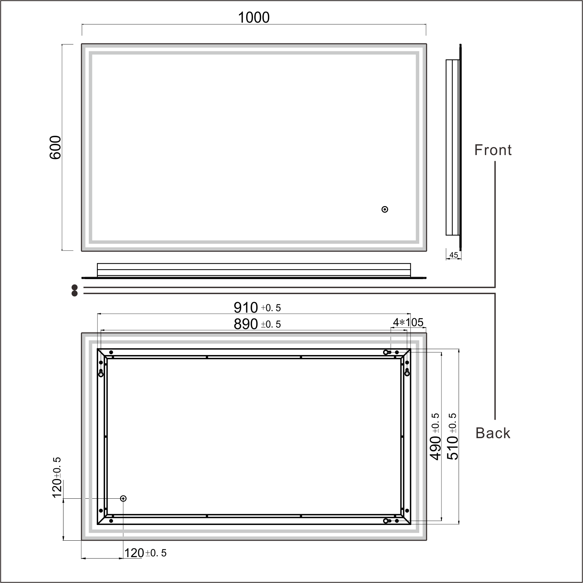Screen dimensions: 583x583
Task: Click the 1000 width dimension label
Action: tap(254, 18)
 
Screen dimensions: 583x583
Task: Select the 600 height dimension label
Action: tap(55, 147)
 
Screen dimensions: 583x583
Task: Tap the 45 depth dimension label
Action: tap(453, 255)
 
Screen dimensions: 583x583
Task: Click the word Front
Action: tap(493, 150)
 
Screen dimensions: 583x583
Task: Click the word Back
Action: tap(493, 433)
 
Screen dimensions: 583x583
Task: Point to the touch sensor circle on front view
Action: tap(385, 209)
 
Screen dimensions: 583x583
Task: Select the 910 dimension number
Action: tap(246, 308)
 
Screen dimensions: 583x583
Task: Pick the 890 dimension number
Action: tap(246, 324)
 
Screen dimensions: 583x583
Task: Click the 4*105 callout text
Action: tap(408, 322)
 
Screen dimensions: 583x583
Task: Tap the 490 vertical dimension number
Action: tap(436, 448)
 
